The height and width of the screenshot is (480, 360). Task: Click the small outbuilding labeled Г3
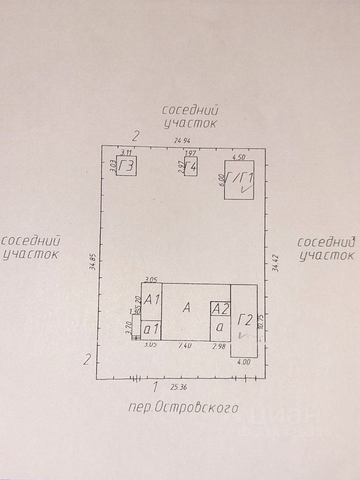127,165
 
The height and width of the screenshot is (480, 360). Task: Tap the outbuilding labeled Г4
190,166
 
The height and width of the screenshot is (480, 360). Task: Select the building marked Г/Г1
239,179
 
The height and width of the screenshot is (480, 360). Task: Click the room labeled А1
151,301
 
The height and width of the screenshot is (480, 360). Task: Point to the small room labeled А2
220,308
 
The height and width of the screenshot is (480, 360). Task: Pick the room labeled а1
151,330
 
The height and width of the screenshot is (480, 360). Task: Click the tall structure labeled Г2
244,320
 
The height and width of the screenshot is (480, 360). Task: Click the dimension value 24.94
182,141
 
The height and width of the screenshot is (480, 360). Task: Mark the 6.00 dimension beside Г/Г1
221,179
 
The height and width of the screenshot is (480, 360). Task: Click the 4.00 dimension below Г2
244,362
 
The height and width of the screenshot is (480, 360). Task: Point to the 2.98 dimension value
219,345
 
